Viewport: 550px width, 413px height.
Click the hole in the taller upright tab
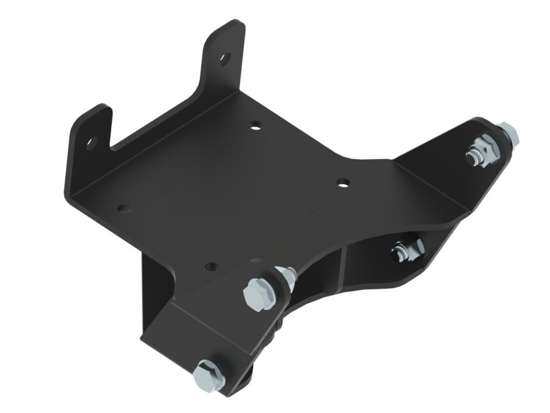point(224,59)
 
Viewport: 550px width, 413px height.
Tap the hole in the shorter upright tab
point(92,143)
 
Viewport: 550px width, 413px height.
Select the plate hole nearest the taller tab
point(255,125)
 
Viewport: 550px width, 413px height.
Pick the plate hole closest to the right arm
point(343,182)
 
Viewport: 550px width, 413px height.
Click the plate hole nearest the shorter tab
point(124,209)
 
